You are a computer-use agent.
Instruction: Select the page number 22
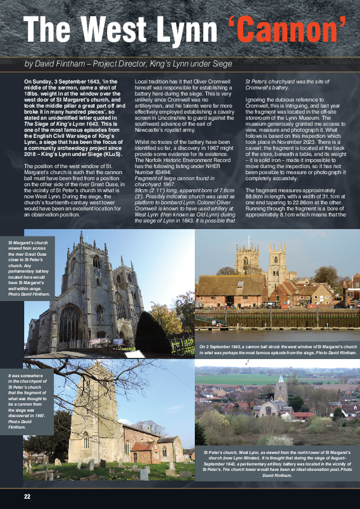point(27,496)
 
